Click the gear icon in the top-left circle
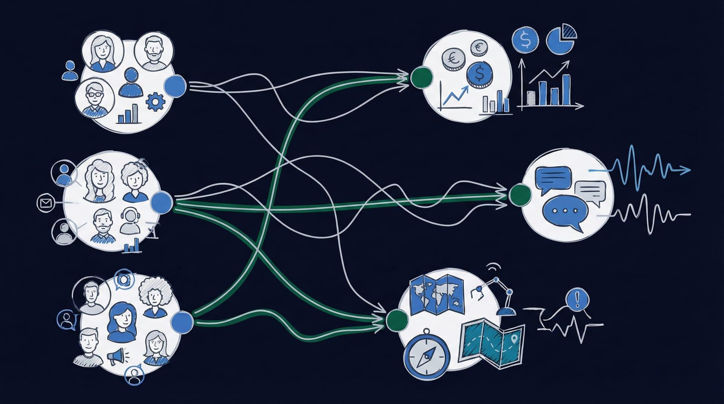coord(155,101)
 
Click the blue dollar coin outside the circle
coord(525,39)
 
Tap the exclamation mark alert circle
coord(577,299)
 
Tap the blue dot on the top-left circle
coord(176,85)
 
